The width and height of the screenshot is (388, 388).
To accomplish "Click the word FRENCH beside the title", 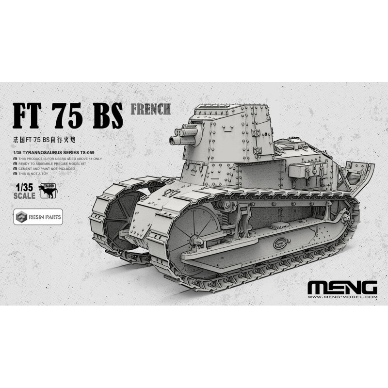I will pyautogui.click(x=151, y=108).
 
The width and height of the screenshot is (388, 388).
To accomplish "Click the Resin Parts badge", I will pyautogui.click(x=38, y=217).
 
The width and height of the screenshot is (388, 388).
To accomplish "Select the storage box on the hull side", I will pyautogui.click(x=301, y=172).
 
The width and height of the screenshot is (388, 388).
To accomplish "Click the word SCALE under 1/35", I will pyautogui.click(x=24, y=196).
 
